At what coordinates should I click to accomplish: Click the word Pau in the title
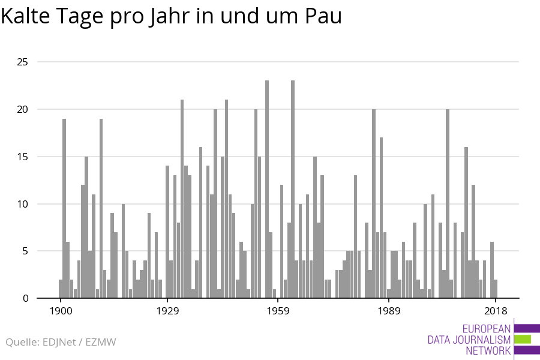coord(325,16)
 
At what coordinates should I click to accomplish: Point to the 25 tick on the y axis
coord(22,62)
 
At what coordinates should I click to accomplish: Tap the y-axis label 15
coord(22,157)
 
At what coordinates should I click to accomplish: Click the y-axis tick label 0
coord(25,298)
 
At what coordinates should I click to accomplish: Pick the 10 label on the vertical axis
coord(22,204)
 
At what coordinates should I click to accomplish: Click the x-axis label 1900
coord(61,311)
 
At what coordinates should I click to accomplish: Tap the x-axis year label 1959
coord(278,311)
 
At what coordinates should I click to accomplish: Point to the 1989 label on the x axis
coord(389,311)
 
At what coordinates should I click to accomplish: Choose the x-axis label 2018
coord(496,311)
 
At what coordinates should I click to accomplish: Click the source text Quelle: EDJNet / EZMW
coord(61,343)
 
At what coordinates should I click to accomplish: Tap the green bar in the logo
coord(523,339)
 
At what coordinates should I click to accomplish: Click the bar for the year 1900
coord(61,289)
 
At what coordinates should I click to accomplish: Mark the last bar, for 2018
coord(496,289)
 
